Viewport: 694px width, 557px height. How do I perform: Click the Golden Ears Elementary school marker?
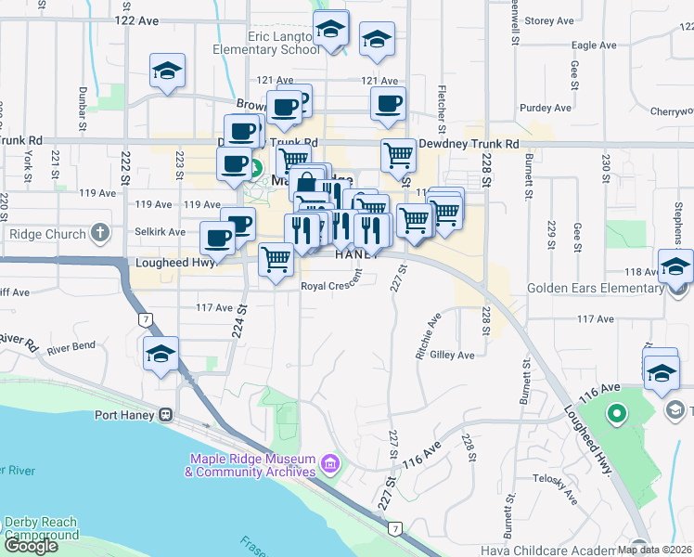pyautogui.click(x=675, y=266)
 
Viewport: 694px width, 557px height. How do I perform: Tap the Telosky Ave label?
pyautogui.click(x=556, y=478)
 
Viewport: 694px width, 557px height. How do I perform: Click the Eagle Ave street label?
pyautogui.click(x=595, y=45)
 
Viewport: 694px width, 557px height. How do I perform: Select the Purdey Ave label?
pyautogui.click(x=546, y=108)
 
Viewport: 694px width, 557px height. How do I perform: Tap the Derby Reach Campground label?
pyautogui.click(x=42, y=528)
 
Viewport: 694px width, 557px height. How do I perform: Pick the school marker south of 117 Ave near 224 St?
pyautogui.click(x=161, y=354)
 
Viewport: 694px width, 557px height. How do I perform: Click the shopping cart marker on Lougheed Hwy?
pyautogui.click(x=276, y=261)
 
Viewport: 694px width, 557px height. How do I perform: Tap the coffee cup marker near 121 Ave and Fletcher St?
pyautogui.click(x=388, y=103)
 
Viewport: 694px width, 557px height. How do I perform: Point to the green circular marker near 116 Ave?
pyautogui.click(x=614, y=412)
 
